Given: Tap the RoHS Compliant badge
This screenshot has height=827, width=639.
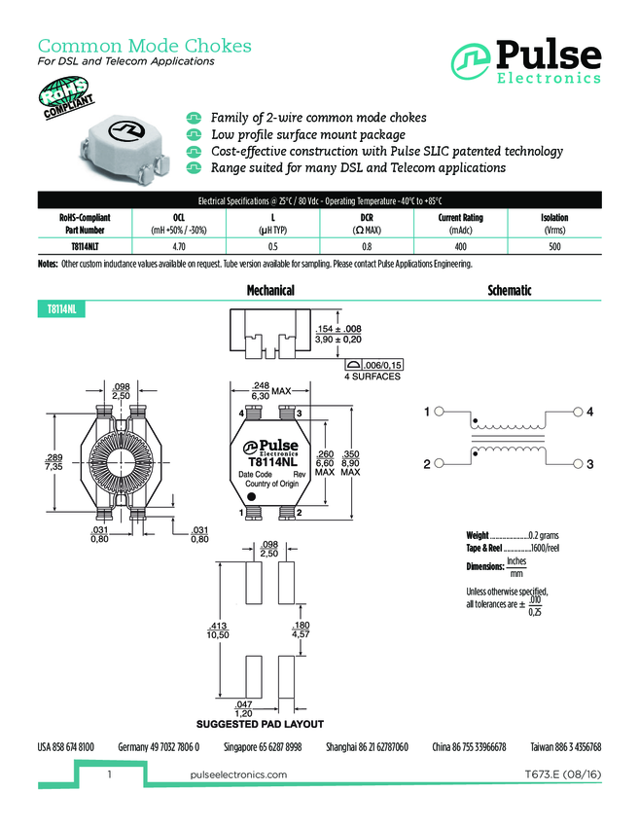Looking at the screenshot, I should (x=67, y=101).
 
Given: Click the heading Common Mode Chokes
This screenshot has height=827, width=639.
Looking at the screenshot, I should (x=144, y=46).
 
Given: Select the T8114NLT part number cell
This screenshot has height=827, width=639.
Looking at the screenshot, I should (x=86, y=248).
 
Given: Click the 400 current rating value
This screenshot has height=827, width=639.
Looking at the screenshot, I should (x=460, y=248).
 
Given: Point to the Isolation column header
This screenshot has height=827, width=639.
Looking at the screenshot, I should (x=554, y=218).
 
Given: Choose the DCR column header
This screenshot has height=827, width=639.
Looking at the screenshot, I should (x=367, y=218).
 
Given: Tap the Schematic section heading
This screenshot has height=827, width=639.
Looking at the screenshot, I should (x=509, y=290).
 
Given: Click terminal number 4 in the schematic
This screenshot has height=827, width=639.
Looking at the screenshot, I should (x=589, y=413).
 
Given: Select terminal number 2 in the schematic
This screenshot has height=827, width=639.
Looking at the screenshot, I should (x=426, y=465).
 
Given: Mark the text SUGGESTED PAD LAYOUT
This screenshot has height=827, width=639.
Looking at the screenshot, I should (x=260, y=724).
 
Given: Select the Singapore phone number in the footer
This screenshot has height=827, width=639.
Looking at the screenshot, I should (x=263, y=747).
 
